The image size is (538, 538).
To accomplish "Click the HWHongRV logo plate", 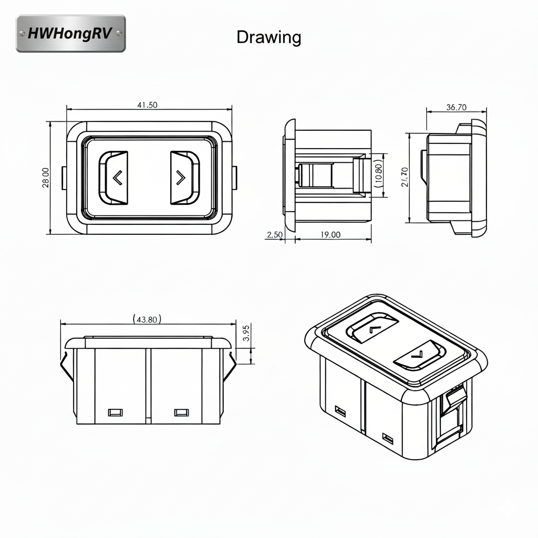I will pos(71,34).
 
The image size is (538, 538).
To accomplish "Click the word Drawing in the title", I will pos(268,37).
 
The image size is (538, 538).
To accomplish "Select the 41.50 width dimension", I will pos(147,105).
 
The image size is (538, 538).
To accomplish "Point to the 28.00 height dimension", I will pos(46,177).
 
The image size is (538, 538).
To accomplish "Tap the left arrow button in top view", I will pos(113,178).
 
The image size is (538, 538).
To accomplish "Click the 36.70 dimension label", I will pos(456,107).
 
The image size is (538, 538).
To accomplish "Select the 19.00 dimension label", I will pos(330,235).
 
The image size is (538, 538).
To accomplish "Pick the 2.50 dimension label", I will pos(275,235).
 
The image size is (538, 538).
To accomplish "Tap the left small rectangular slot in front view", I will pos(115,412).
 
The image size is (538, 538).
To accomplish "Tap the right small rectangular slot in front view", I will pos(181,412).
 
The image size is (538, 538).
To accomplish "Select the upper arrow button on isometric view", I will pos(372,328).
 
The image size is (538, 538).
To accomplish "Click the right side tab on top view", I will pos(234,178).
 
